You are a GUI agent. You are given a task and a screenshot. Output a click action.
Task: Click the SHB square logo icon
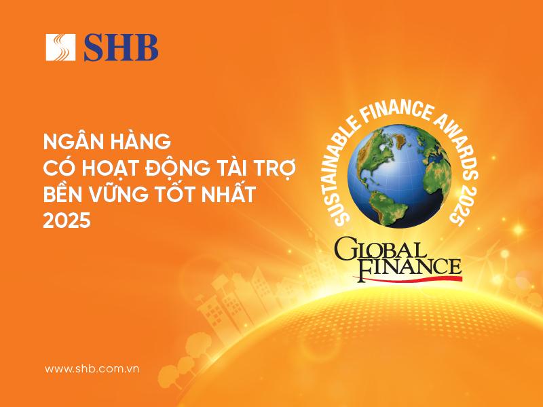click(60, 47)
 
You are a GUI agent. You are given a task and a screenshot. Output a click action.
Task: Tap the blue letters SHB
click(121, 47)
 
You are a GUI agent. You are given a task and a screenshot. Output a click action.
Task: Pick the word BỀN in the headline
click(65, 195)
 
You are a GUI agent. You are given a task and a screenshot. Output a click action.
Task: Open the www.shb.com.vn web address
click(92, 368)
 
